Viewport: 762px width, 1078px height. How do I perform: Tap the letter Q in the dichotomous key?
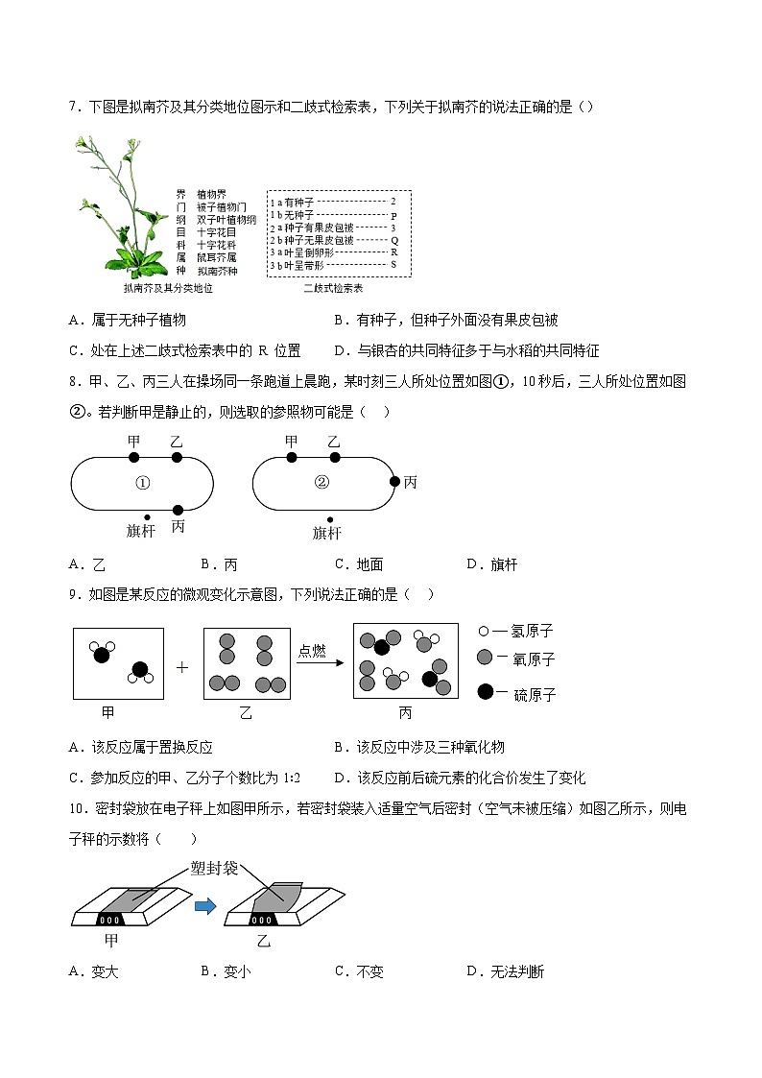tap(393, 240)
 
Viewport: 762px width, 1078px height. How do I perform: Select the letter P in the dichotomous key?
tap(393, 215)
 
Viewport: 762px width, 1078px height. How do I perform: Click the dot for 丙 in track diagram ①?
tap(178, 509)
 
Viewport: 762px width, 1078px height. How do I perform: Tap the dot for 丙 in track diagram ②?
tap(393, 482)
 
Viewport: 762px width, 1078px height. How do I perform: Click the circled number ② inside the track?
tap(322, 483)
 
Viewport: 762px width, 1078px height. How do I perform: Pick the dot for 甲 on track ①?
tap(133, 458)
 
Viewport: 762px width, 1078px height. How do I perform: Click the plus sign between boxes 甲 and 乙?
tap(182, 666)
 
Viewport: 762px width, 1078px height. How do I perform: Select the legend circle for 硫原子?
tap(486, 692)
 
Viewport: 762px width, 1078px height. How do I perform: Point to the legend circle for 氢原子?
tap(484, 631)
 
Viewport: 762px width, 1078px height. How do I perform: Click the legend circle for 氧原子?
tap(486, 659)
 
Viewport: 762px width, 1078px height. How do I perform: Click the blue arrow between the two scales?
tap(205, 906)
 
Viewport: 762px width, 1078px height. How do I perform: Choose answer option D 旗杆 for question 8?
tap(491, 564)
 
